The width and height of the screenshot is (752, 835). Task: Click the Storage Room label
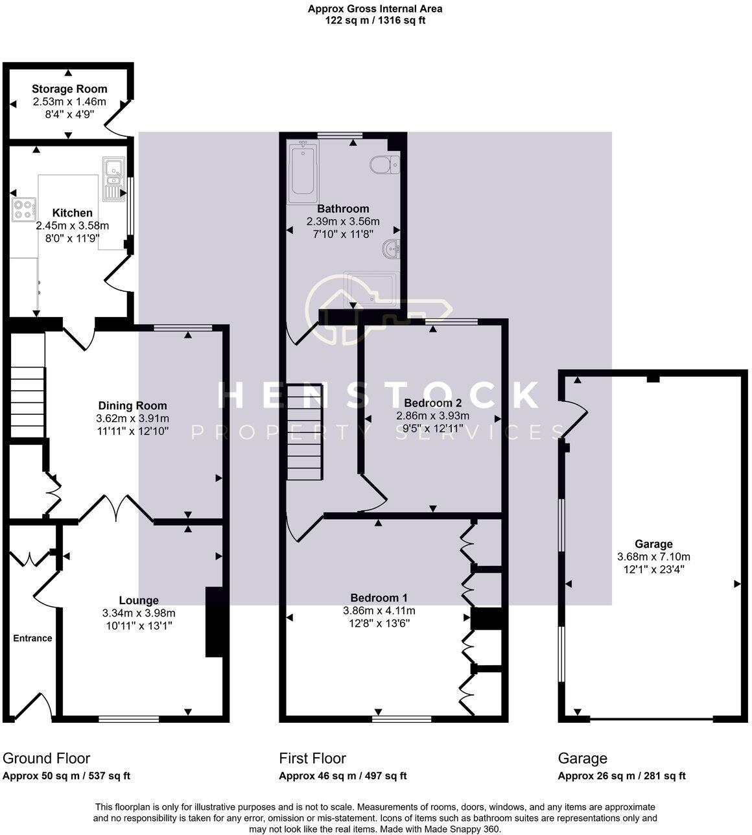[69, 89]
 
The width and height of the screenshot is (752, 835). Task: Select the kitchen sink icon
[113, 178]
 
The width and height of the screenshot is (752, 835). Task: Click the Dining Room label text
[132, 406]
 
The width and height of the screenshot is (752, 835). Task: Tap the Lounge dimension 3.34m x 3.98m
[139, 613]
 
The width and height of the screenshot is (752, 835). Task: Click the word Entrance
[32, 638]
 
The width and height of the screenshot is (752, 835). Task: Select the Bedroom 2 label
[432, 403]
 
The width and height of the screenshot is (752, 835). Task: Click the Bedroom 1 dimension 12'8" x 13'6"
[379, 623]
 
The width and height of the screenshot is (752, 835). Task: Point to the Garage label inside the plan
[653, 544]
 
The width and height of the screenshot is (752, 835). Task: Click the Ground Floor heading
[47, 759]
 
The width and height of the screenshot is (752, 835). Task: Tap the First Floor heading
[312, 759]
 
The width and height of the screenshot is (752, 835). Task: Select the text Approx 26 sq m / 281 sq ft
[622, 776]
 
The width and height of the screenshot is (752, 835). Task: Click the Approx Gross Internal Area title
[375, 8]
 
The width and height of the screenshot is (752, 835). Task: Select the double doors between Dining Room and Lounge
[117, 508]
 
